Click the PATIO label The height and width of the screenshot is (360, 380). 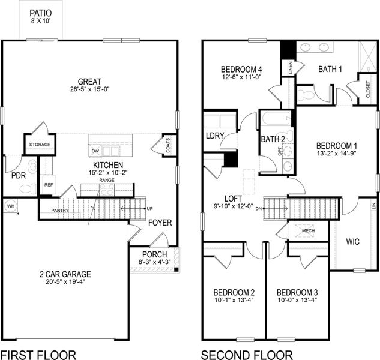pos(41,13)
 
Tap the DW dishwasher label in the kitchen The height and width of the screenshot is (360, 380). pos(95,151)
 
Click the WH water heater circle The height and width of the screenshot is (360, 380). pos(10,206)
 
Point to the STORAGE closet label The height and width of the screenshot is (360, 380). pos(40,145)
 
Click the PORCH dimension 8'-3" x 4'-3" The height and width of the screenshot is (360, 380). pos(154,262)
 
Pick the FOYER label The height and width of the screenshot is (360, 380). pos(160,223)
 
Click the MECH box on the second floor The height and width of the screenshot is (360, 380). pos(308,230)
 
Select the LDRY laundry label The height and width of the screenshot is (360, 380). pos(214,136)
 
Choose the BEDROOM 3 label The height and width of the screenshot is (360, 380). pos(297,293)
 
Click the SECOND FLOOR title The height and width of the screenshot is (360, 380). pos(247,355)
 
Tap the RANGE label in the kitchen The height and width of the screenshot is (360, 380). pos(107,180)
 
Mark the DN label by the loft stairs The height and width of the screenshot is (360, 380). pos(258,209)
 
